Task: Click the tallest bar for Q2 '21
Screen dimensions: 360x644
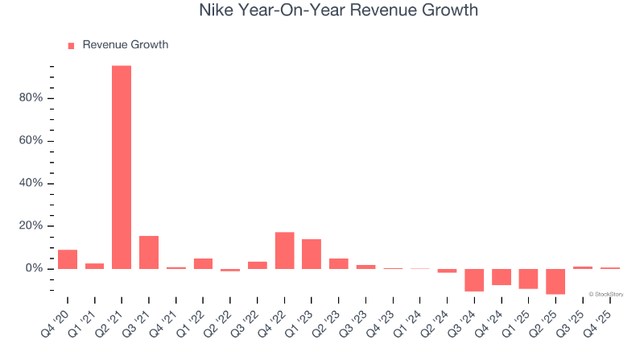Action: [x=122, y=167]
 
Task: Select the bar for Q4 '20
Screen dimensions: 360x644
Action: [x=68, y=259]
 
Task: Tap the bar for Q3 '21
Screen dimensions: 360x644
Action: [x=149, y=252]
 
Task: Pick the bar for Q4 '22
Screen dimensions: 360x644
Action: [x=284, y=250]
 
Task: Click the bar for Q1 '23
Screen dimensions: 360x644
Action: [x=312, y=254]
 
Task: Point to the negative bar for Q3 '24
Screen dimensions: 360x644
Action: [x=474, y=279]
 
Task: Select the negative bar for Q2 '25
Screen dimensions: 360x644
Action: [x=555, y=281]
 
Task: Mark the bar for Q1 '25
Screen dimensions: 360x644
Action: [x=528, y=279]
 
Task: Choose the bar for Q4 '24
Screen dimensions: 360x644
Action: [x=502, y=276]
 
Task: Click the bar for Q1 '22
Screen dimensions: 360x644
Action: [x=203, y=263]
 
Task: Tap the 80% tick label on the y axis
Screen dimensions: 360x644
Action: [x=31, y=98]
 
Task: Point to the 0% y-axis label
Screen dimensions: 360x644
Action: [x=35, y=268]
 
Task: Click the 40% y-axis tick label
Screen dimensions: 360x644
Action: [x=31, y=184]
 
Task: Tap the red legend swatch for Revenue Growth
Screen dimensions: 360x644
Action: [x=71, y=45]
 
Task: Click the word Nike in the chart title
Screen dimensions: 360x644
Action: [x=217, y=10]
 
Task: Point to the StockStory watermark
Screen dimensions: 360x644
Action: [x=606, y=294]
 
